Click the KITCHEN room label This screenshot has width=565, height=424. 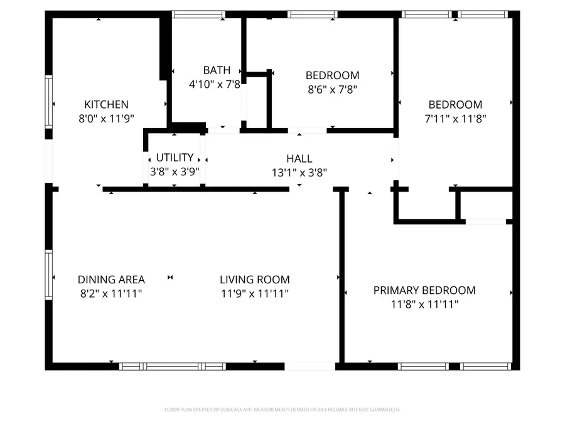[x=107, y=105]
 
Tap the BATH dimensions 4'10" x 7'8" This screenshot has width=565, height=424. [x=215, y=84]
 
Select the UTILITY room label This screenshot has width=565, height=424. [x=175, y=158]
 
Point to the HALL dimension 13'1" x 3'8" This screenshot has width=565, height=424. [x=299, y=171]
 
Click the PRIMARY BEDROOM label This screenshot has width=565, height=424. [x=424, y=290]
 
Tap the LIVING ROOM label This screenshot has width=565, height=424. [x=255, y=280]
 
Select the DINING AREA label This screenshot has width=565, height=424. [x=111, y=280]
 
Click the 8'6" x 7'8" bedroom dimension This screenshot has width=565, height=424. [x=332, y=89]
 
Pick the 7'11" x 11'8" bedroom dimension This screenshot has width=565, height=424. [x=455, y=117]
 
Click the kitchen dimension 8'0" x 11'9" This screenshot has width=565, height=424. [x=107, y=117]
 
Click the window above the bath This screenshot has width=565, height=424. [x=199, y=14]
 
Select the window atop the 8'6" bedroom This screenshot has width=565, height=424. [x=312, y=14]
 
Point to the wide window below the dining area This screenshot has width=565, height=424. [x=173, y=366]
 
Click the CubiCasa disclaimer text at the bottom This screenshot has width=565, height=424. [x=282, y=410]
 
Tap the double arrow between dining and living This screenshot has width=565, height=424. [x=170, y=277]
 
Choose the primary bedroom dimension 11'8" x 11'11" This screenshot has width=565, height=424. [x=424, y=305]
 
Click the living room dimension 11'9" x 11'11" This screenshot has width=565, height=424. [x=255, y=293]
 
